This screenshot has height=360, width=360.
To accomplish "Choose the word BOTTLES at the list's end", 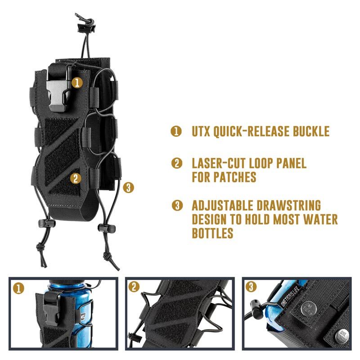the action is point(212,233).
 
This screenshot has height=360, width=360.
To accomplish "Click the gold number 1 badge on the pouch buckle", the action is point(77,82).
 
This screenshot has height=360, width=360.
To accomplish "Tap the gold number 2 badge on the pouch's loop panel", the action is point(76,178).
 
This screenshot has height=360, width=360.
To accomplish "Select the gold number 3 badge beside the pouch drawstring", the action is point(128,188).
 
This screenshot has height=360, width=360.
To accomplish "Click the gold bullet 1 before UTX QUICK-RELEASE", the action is point(176,131).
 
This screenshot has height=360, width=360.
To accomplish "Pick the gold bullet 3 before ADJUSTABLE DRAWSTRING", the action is point(177,205).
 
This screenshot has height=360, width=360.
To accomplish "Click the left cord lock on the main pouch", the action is point(47,223).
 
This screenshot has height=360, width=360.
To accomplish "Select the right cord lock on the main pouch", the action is point(107,228).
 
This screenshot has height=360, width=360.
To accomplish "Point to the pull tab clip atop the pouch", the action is point(85,24).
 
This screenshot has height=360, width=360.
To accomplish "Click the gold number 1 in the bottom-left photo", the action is point(18,288).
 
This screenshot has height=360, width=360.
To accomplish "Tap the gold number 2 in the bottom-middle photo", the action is point(134,287).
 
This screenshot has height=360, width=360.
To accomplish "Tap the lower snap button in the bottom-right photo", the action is point(342,336).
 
